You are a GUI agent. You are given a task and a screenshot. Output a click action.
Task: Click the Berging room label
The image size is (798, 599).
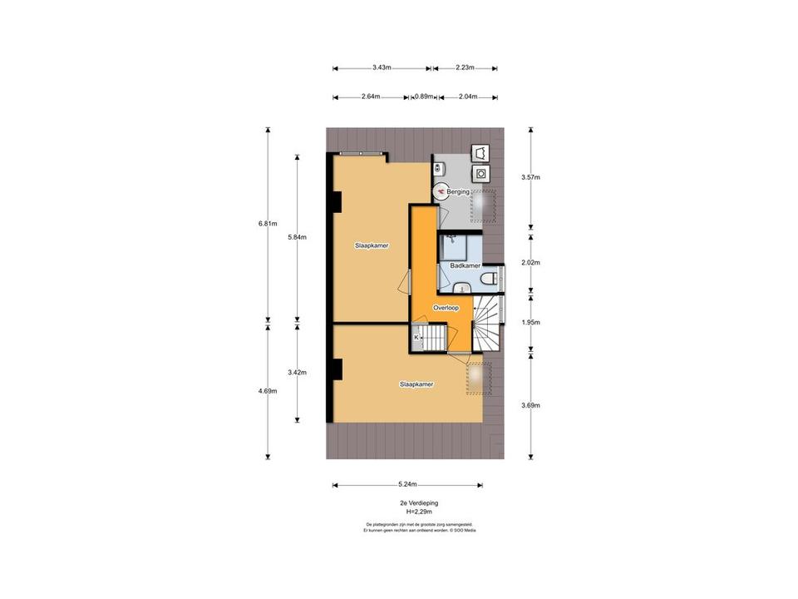459,192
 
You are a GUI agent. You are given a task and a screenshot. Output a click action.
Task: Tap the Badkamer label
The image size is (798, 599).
465,265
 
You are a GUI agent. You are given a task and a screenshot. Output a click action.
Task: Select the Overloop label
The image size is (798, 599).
446,307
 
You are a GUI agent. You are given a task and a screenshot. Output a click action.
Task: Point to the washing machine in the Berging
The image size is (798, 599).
480,173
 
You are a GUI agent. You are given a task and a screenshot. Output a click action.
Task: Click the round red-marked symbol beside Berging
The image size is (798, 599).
441,191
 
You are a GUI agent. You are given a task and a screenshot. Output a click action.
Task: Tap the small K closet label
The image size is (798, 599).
416,337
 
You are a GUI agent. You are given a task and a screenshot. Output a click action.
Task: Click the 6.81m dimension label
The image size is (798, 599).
268,222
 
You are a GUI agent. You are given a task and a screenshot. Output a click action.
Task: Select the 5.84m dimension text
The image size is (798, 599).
298,237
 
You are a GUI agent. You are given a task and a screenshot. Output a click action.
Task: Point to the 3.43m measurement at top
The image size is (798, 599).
382,67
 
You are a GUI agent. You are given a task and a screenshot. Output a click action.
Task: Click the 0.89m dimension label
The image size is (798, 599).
424,97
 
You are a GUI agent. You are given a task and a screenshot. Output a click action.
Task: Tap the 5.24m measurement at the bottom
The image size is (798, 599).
407,484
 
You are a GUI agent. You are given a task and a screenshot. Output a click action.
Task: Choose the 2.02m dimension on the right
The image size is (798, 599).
530,262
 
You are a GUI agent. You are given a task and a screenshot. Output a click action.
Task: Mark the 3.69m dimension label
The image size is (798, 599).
530,405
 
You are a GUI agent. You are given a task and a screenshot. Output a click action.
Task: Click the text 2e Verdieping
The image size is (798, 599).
419,503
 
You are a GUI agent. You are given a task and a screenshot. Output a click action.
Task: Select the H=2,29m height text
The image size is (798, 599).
419,513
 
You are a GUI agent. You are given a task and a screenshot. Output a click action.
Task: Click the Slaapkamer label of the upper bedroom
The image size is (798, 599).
372,245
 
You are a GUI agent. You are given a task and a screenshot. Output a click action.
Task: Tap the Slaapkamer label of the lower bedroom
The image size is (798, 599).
416,384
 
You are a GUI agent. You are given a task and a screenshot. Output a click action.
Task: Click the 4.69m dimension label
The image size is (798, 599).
268,393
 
